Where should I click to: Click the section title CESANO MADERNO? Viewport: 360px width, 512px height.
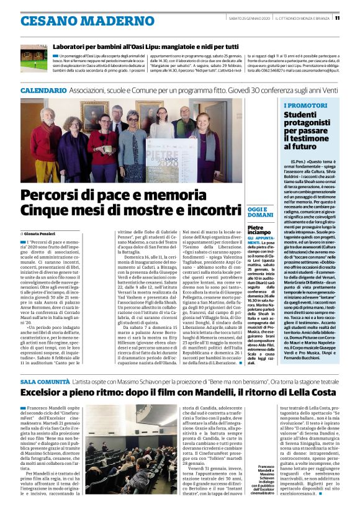coord(70,20)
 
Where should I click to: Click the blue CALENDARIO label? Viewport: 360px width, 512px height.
coord(43,91)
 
